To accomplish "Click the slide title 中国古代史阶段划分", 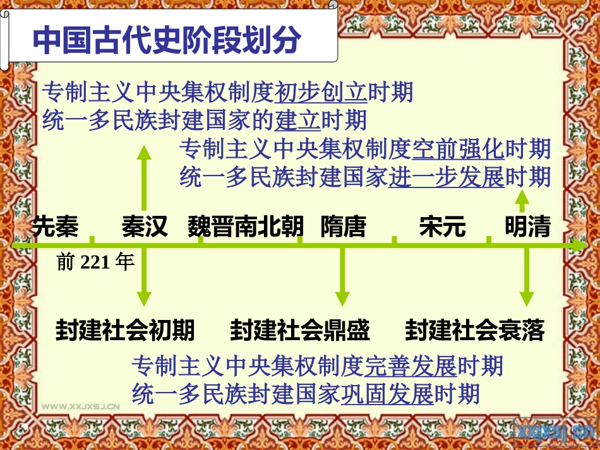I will click(x=167, y=39).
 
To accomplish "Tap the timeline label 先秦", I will click(x=55, y=227).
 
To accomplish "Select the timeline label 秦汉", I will click(x=145, y=227).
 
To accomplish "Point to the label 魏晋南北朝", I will click(x=246, y=227).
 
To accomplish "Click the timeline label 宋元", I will click(x=442, y=227).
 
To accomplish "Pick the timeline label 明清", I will click(x=527, y=227).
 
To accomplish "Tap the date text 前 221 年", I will click(x=95, y=262).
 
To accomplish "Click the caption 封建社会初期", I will click(x=125, y=330).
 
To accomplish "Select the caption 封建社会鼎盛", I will click(x=300, y=330).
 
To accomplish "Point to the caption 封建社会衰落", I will click(x=475, y=330).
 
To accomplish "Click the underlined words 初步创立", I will click(x=321, y=92).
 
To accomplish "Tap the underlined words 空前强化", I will click(x=458, y=150).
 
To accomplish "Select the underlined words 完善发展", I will click(x=411, y=365).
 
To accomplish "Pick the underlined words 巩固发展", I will click(x=387, y=394).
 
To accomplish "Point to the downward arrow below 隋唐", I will click(x=343, y=278).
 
